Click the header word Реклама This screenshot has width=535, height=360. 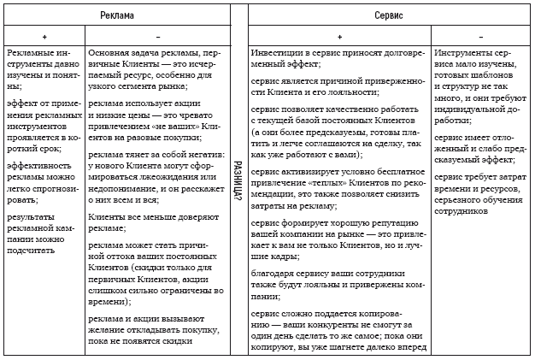(x=115, y=15)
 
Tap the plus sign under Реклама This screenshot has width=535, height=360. (x=44, y=38)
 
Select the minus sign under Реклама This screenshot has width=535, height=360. (x=158, y=38)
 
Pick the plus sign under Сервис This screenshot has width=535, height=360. (x=339, y=38)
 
